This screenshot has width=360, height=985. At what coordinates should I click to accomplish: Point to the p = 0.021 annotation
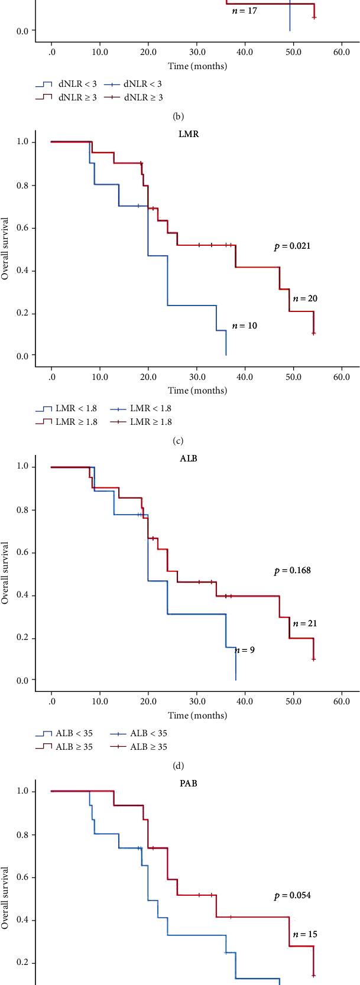pos(292,246)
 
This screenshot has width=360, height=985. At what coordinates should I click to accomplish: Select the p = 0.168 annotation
pos(292,571)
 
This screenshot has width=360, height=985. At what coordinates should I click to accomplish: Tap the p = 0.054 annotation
pos(292,895)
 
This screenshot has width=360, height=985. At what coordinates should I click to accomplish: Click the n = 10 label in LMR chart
pos(244,326)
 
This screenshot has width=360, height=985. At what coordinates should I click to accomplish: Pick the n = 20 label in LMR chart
pos(305,298)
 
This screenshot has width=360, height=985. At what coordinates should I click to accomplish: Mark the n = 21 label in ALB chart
pos(305,623)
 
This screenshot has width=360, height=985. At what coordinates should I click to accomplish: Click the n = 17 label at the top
pos(244,11)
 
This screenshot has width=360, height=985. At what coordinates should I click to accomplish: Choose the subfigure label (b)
pos(177,116)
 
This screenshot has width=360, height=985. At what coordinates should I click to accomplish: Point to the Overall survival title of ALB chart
pos(5,573)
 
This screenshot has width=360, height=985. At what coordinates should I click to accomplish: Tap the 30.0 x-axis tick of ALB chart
pos(197,701)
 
